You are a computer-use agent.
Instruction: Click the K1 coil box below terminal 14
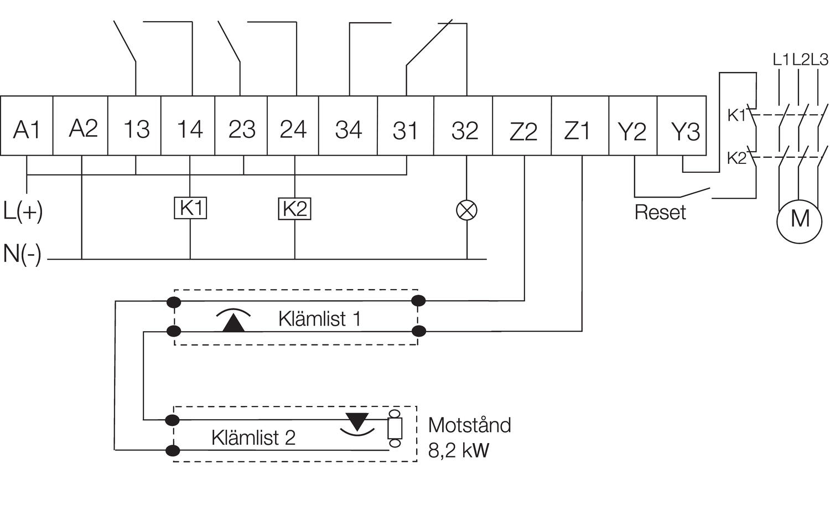190,208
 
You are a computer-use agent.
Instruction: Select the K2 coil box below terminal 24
294,209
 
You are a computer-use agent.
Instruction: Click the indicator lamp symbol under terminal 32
466,210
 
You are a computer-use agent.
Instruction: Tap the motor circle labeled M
800,219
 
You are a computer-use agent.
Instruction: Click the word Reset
660,213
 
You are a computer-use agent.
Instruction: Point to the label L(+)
23,211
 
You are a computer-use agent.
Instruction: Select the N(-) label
22,254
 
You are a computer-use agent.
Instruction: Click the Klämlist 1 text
319,319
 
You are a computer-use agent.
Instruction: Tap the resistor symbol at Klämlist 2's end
395,429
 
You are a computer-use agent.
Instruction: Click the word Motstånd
469,425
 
